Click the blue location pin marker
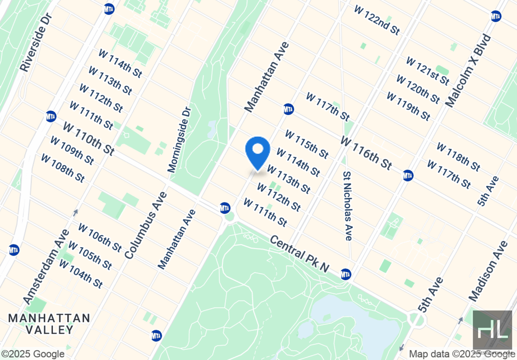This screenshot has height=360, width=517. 258,152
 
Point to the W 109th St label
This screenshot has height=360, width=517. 72,150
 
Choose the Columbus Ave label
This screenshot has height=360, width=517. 145,225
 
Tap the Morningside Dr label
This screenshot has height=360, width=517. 180,140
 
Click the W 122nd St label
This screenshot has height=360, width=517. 377,20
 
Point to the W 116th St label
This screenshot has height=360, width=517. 366,153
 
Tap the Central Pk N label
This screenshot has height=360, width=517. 299,254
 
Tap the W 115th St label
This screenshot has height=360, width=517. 307,144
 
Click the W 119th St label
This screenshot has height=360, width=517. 408,106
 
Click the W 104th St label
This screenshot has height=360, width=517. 81,274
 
